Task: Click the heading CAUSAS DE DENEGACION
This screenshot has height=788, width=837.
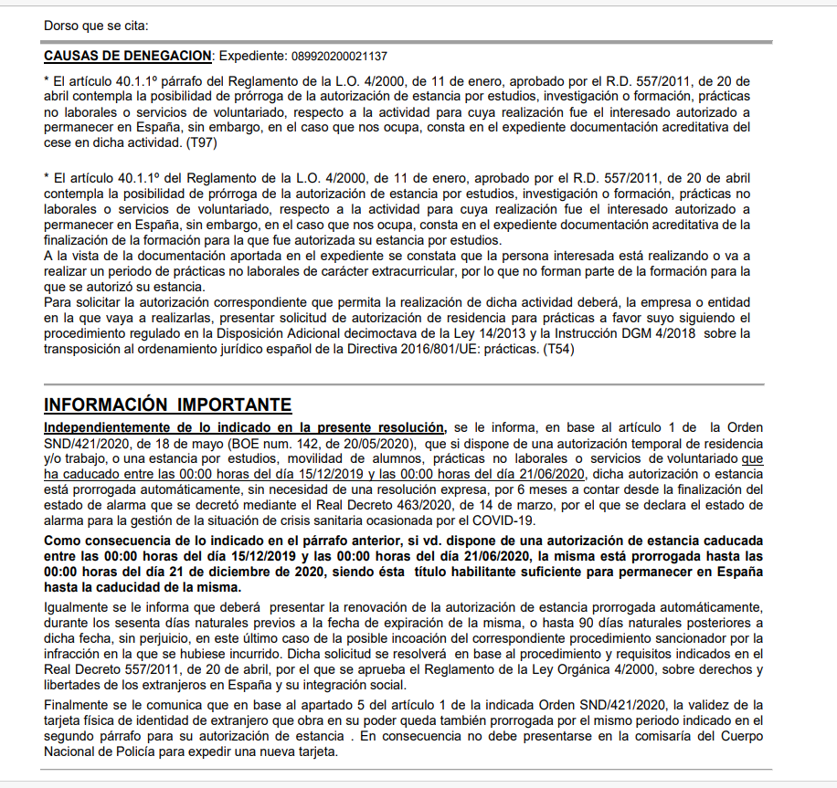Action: [128, 57]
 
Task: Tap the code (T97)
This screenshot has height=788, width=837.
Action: [200, 144]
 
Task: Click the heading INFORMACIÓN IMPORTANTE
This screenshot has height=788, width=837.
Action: [167, 405]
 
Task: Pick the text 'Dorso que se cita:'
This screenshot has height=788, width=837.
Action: [96, 25]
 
